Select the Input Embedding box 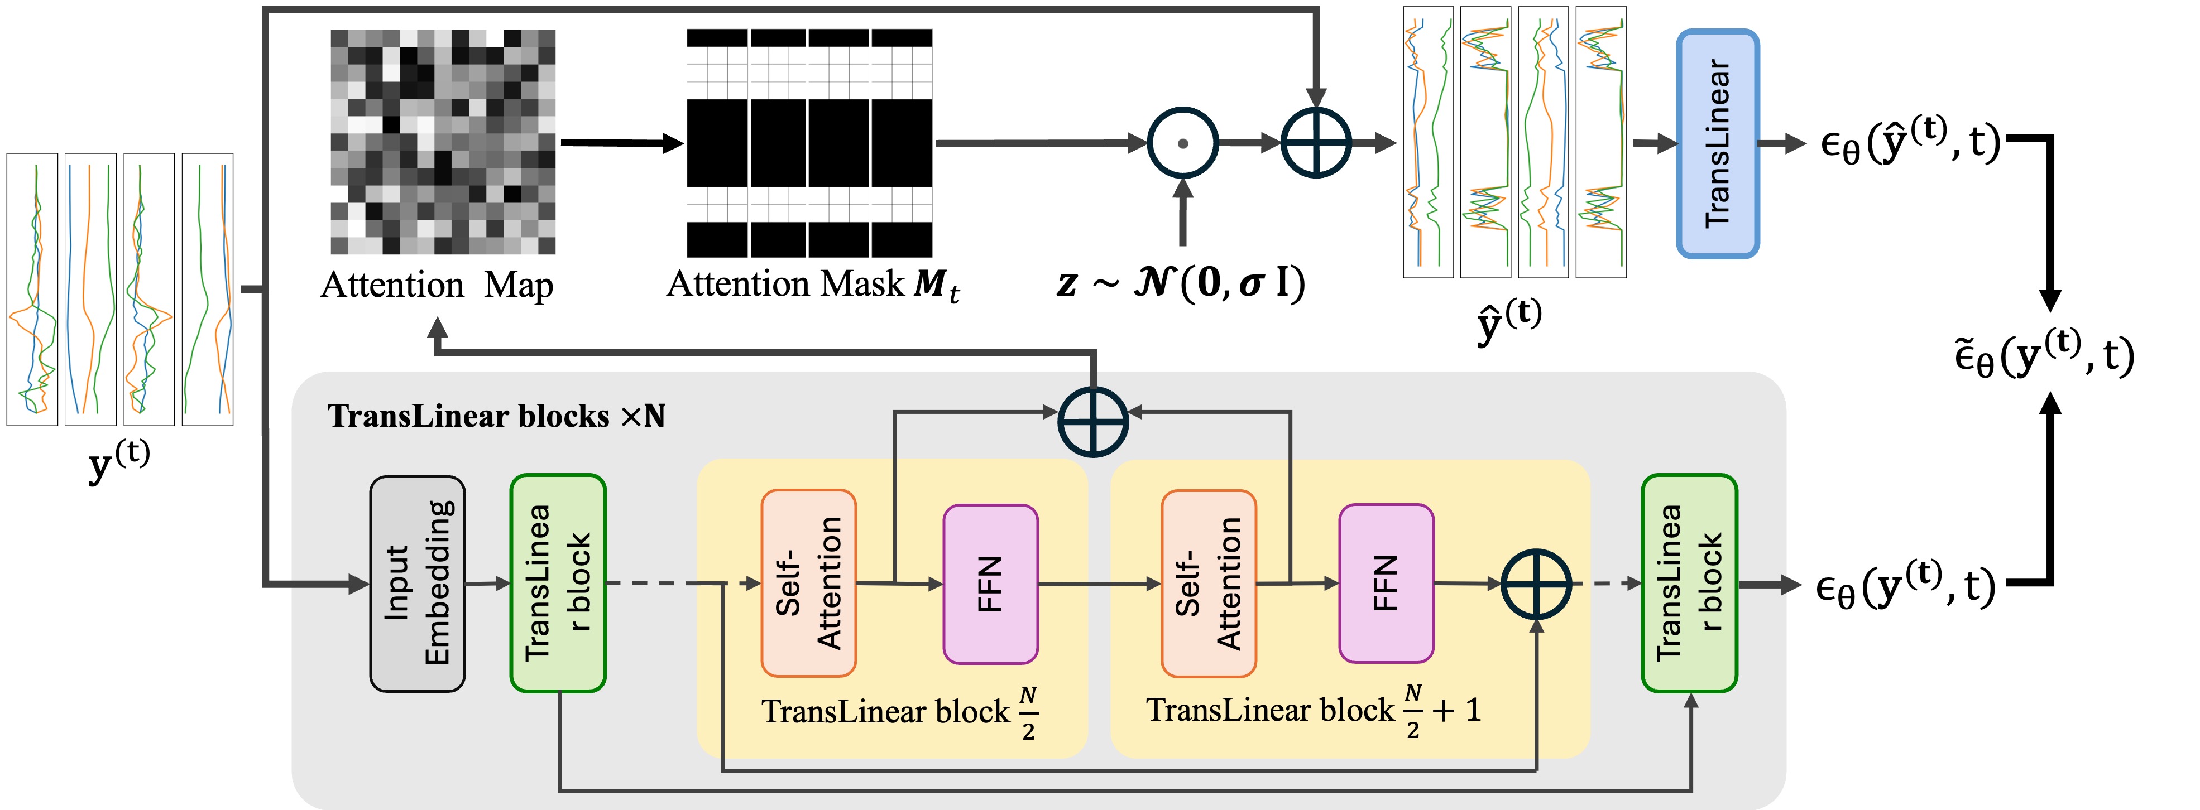click(x=417, y=584)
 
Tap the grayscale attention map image click(x=443, y=142)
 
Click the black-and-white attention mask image click(x=809, y=143)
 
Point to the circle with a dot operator click(x=1183, y=143)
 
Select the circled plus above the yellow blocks click(x=1093, y=422)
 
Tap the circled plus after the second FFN click(x=1536, y=585)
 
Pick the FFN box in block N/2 click(x=991, y=584)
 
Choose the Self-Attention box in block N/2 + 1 click(x=1209, y=583)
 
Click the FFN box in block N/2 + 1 click(x=1386, y=583)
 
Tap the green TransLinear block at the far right click(x=1689, y=583)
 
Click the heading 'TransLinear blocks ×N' click(x=497, y=416)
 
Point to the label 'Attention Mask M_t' click(x=813, y=285)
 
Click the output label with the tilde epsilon click(x=2045, y=355)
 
